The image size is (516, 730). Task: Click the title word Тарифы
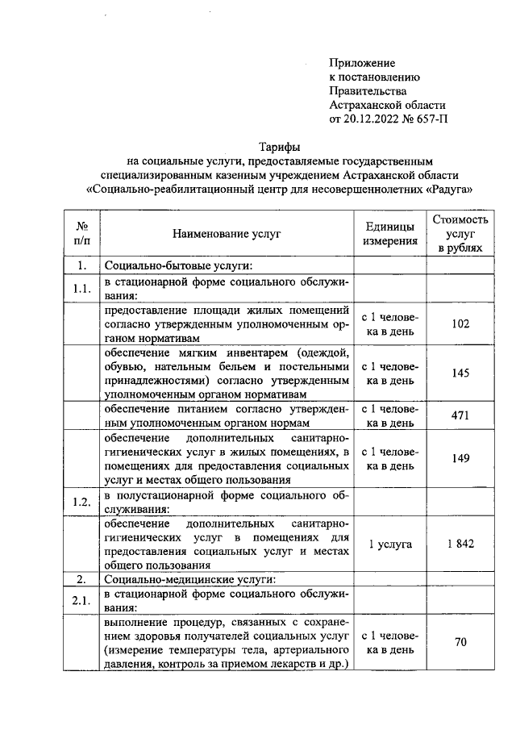click(279, 147)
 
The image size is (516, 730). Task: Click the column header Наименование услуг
click(226, 234)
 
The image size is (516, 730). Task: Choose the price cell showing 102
click(460, 323)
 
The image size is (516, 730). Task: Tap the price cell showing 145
click(460, 373)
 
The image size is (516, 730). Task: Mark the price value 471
click(460, 415)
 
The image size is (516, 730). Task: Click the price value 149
click(460, 458)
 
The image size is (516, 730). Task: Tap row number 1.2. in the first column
click(81, 501)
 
